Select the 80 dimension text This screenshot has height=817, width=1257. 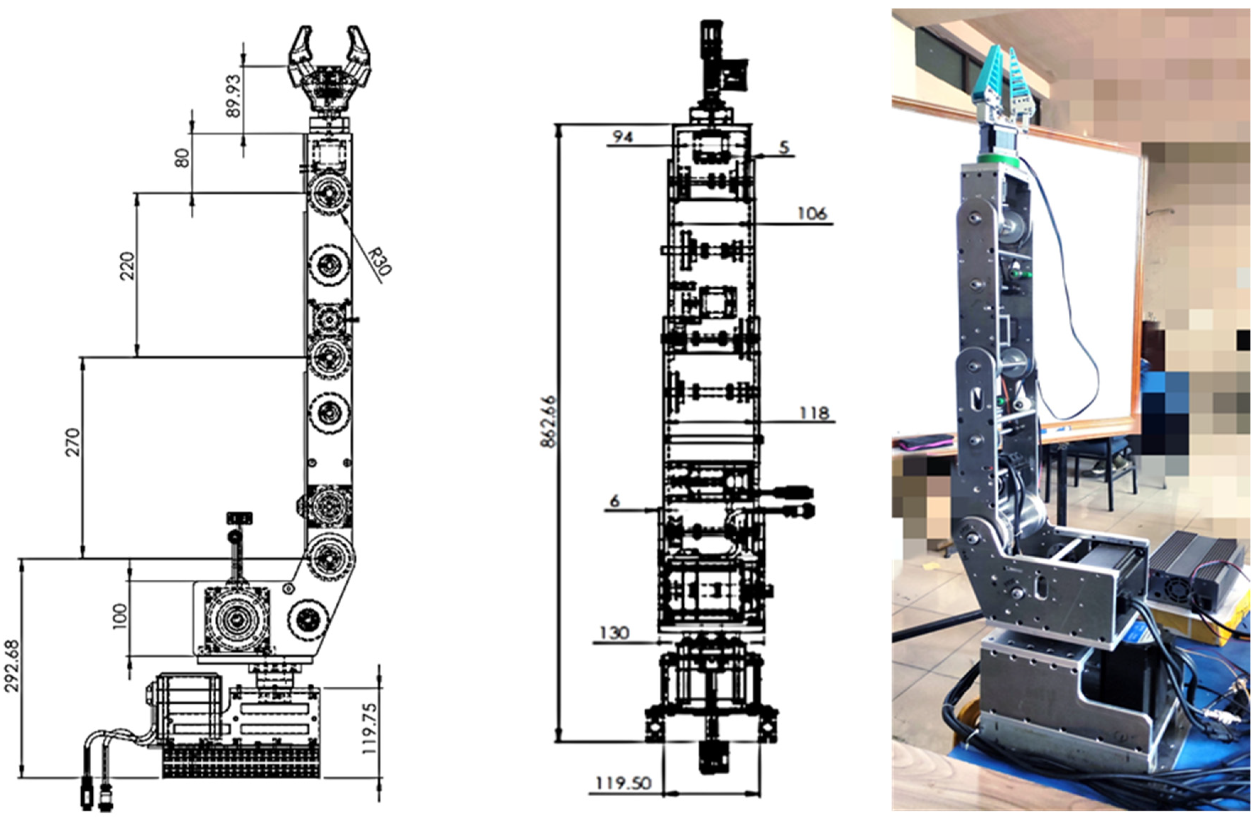pyautogui.click(x=182, y=158)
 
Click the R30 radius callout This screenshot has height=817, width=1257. pyautogui.click(x=380, y=261)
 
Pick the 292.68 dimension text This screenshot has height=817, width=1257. pyautogui.click(x=12, y=666)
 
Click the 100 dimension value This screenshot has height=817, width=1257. pyautogui.click(x=120, y=616)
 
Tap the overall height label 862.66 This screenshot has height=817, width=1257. pyautogui.click(x=548, y=421)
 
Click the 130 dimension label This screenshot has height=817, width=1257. pyautogui.click(x=615, y=632)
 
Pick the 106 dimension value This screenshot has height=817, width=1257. pyautogui.click(x=812, y=214)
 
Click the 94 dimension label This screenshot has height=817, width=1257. pyautogui.click(x=622, y=137)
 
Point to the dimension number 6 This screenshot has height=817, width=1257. pyautogui.click(x=614, y=501)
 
